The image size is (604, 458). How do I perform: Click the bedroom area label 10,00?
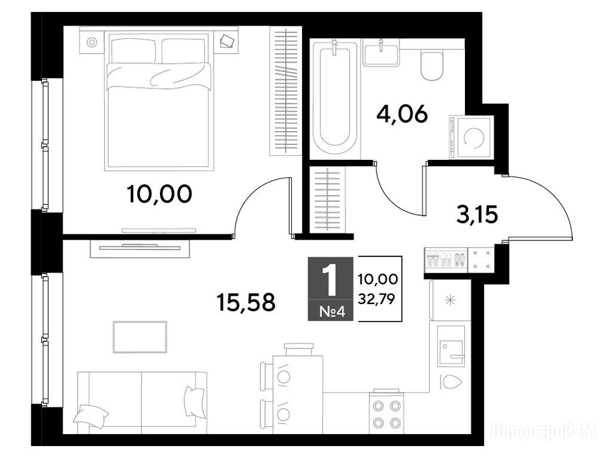pyautogui.click(x=159, y=194)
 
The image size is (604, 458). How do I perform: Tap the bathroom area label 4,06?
pyautogui.click(x=402, y=114)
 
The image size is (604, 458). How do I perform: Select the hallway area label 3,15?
pyautogui.click(x=477, y=215)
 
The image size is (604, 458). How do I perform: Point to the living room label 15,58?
pyautogui.click(x=246, y=302)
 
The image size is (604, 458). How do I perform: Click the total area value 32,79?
pyautogui.click(x=377, y=299)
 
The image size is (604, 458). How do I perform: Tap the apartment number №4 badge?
pyautogui.click(x=331, y=311)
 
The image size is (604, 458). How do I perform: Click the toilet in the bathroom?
pyautogui.click(x=432, y=66)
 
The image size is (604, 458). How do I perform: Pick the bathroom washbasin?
pyautogui.click(x=381, y=54)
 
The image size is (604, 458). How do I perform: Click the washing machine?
pyautogui.click(x=472, y=137)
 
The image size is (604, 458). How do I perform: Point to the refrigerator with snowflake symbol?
pyautogui.click(x=450, y=299)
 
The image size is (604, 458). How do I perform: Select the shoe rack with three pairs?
pyautogui.click(x=446, y=259)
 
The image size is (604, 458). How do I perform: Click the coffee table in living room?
pyautogui.click(x=140, y=337)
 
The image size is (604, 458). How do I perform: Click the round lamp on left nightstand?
pyautogui.click(x=91, y=42)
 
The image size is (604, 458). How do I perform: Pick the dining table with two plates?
pyautogui.click(x=298, y=395)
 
